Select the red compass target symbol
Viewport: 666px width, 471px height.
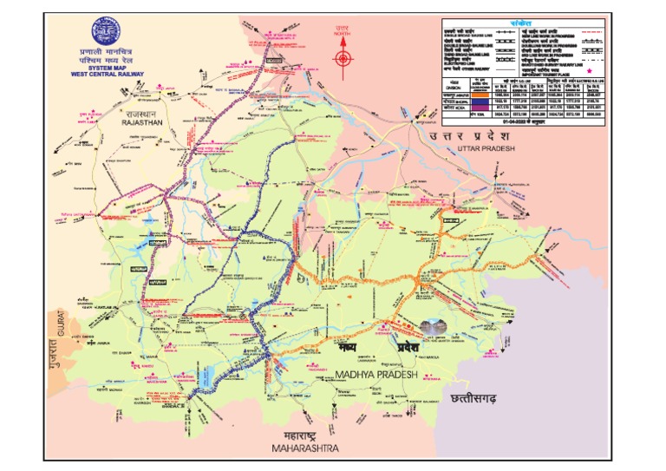(x=343, y=59)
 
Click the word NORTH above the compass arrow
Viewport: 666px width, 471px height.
(x=343, y=36)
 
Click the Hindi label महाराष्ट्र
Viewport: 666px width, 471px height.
(x=299, y=436)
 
